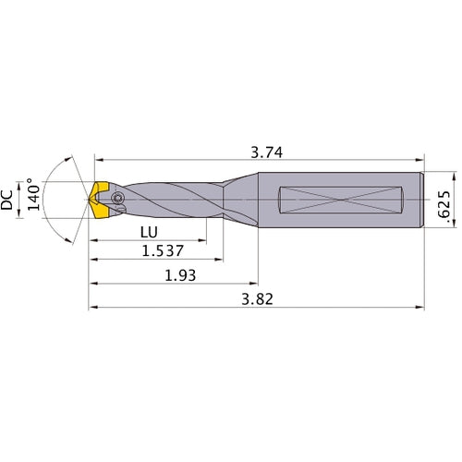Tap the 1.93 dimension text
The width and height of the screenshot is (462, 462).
(x=176, y=275)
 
